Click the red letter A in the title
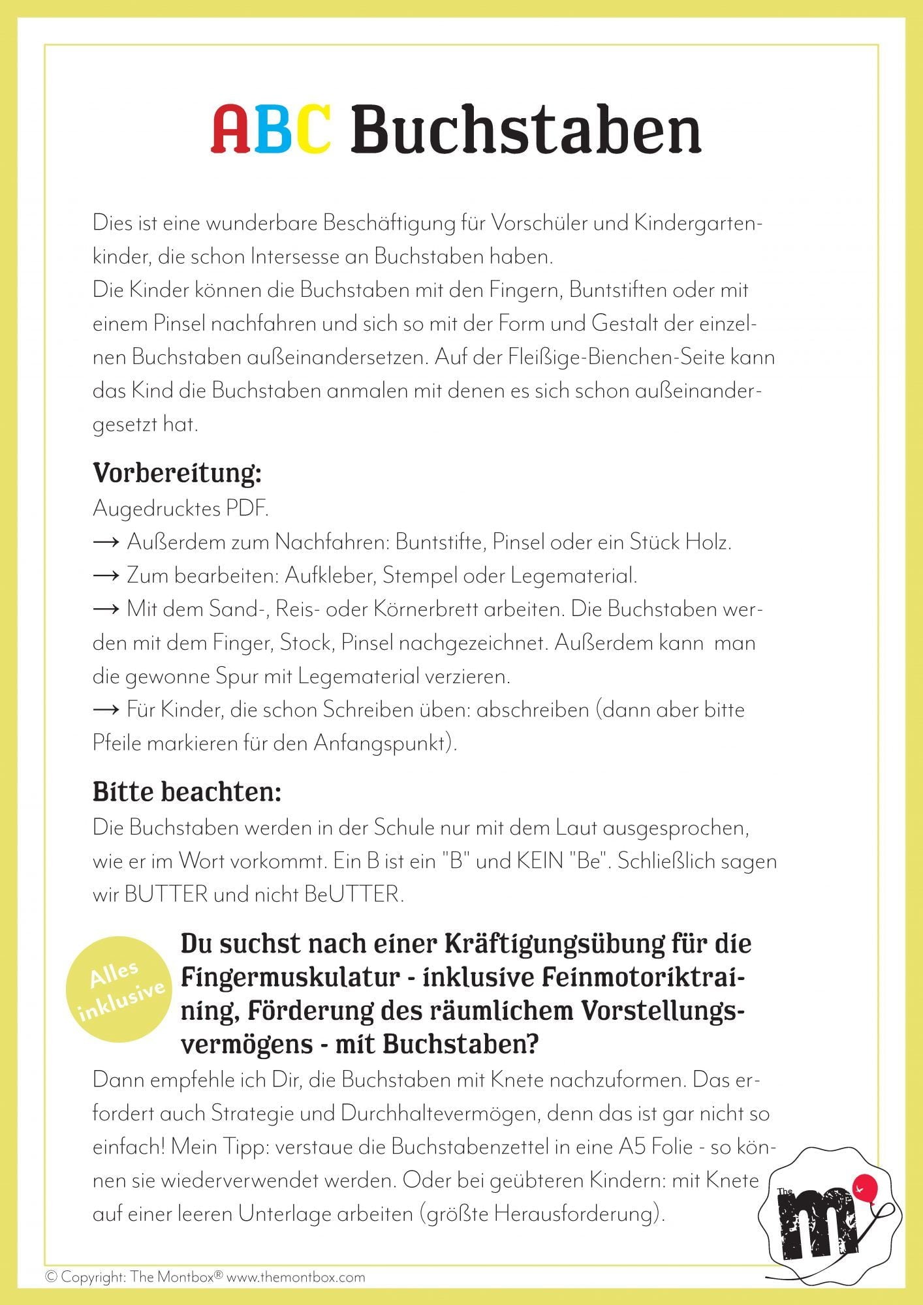(232, 130)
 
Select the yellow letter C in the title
(311, 130)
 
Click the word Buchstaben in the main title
(526, 130)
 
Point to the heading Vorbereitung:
(177, 473)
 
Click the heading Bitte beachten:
(187, 791)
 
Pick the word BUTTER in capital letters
(166, 894)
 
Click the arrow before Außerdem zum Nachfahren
(106, 542)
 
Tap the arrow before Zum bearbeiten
(106, 576)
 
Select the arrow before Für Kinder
(106, 710)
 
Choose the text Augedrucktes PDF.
(181, 508)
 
